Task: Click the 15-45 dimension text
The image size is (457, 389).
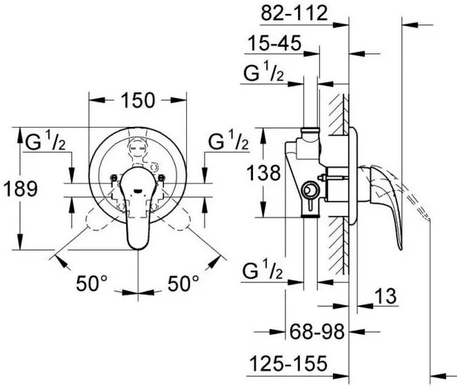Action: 274,45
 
